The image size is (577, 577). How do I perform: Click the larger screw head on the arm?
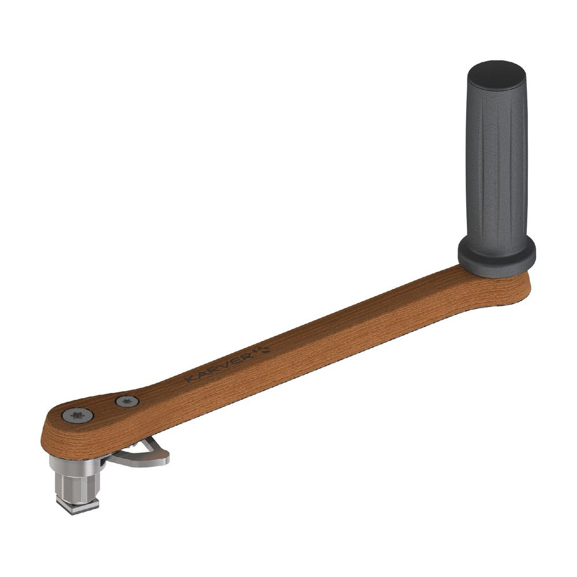77,415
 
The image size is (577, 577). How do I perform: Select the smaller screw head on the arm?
128,401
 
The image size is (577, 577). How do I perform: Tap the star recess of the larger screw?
77,415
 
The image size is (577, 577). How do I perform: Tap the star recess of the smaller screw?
128,401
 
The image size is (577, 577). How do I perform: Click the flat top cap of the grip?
496,74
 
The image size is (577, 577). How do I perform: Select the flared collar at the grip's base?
496,254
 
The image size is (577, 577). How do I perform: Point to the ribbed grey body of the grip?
496,166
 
